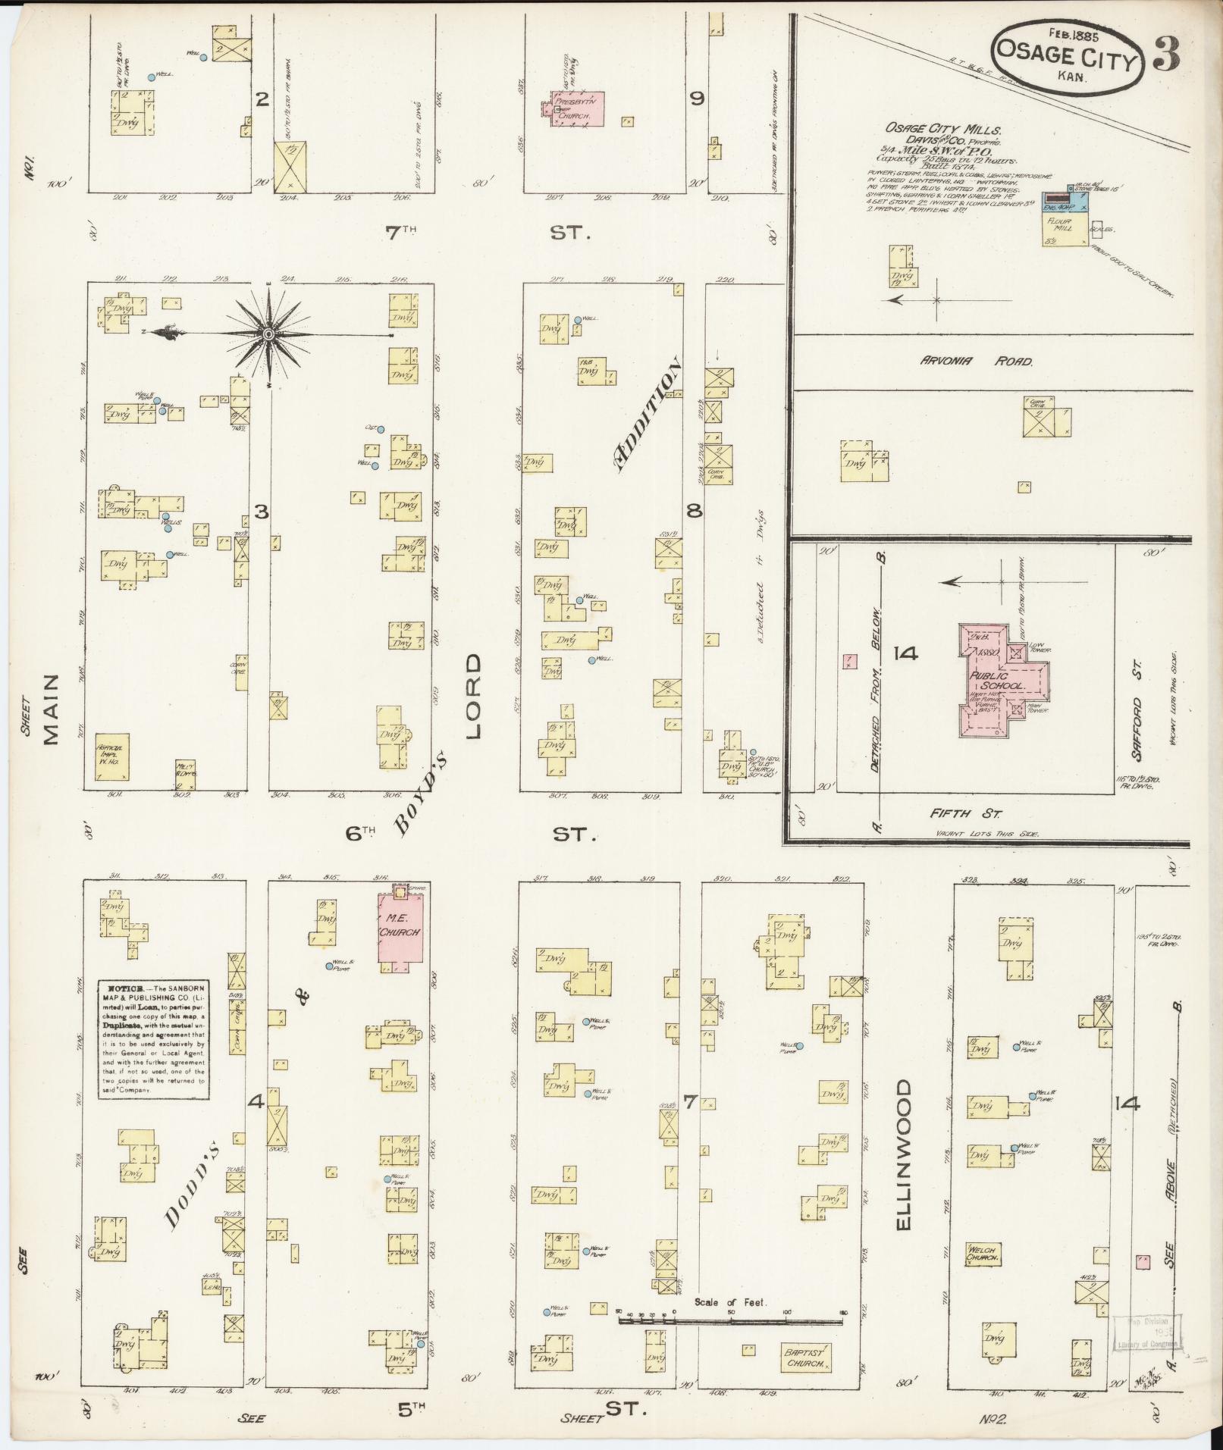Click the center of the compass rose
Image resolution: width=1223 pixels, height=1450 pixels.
point(269,334)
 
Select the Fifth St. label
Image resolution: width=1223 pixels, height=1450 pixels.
point(967,814)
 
